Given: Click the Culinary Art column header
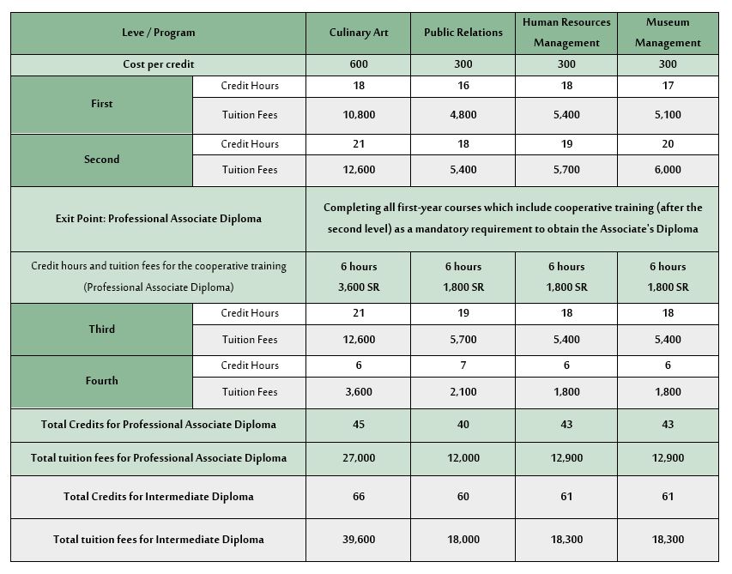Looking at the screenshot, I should [x=359, y=33].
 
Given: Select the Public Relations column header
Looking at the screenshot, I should [x=463, y=33].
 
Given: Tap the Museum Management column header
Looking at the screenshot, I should [x=668, y=33].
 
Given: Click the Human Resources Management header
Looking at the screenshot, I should [x=566, y=33].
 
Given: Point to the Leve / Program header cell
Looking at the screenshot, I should [x=158, y=33].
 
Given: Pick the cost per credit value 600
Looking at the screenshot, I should [x=359, y=64].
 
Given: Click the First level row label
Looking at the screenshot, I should [x=101, y=104].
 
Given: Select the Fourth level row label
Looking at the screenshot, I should [x=101, y=381].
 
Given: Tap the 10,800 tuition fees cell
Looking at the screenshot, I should [x=359, y=115].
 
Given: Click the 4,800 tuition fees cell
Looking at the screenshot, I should [x=463, y=115].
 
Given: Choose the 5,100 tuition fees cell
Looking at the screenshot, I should [x=668, y=115].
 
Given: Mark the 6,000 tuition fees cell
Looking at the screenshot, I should [x=668, y=170].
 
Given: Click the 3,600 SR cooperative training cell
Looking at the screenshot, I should [x=359, y=287].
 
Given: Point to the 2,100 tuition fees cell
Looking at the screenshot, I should [x=463, y=392].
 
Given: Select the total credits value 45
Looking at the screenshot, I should [x=359, y=425].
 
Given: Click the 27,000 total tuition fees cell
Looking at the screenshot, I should [x=359, y=458].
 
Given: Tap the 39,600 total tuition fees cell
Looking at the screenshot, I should [x=359, y=540].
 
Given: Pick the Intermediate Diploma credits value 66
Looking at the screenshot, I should [x=359, y=497].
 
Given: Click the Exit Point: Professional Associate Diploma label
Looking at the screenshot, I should [x=158, y=219].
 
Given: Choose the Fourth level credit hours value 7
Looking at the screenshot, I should [x=463, y=366].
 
